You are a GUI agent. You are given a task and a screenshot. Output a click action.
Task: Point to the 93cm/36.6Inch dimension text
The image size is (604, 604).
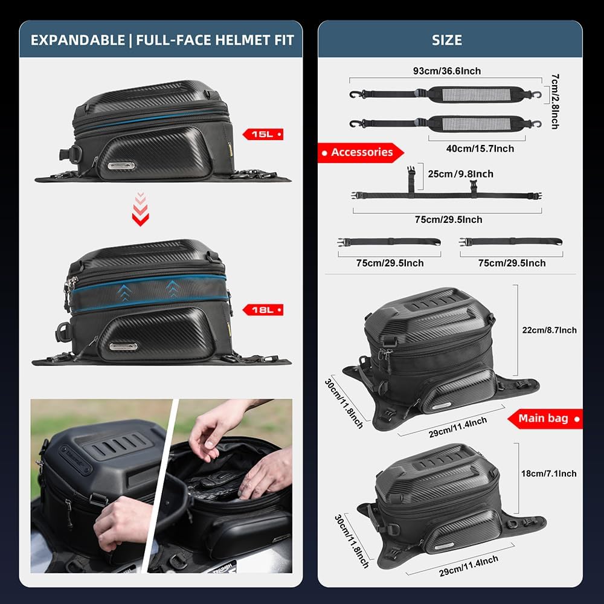pyautogui.click(x=448, y=71)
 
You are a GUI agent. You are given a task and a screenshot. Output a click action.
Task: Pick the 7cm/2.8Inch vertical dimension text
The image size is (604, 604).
pyautogui.click(x=555, y=101)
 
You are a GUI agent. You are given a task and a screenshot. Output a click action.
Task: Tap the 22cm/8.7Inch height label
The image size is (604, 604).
pyautogui.click(x=549, y=330)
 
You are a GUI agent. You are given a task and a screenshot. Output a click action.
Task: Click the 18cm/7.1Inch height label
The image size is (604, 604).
pyautogui.click(x=549, y=474)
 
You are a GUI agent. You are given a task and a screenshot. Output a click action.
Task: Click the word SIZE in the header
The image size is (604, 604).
pyautogui.click(x=447, y=40)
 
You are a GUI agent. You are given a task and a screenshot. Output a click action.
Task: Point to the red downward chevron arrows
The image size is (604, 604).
pyautogui.click(x=140, y=209)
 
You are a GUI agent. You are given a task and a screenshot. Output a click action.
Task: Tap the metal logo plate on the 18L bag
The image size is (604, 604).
pyautogui.click(x=123, y=347)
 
